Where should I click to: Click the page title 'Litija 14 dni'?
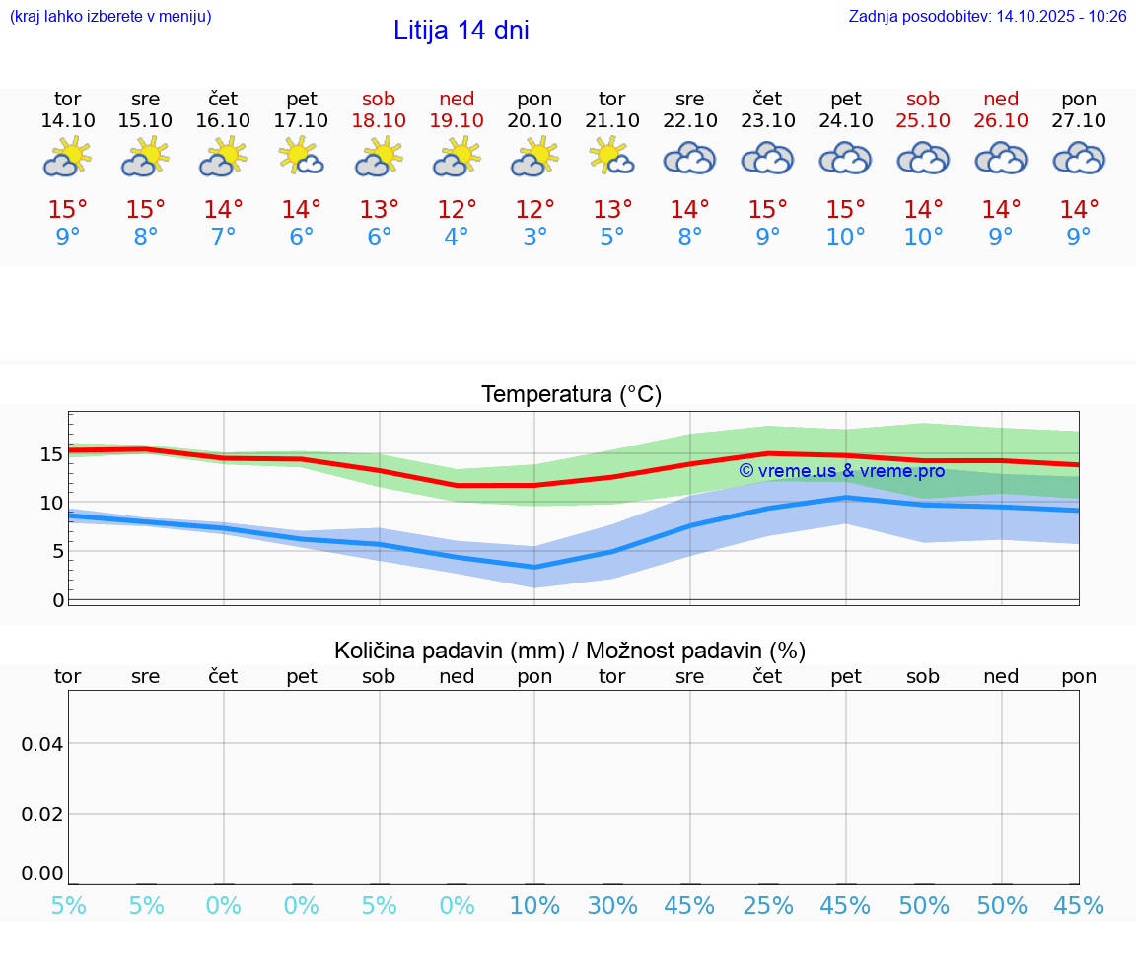[x=461, y=31]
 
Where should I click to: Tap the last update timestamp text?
[x=987, y=17]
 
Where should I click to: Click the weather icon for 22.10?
[x=689, y=158]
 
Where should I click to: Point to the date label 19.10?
[x=457, y=121]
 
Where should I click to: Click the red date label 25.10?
[x=923, y=121]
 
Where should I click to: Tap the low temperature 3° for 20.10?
[x=534, y=238]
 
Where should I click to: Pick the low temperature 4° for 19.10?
[x=457, y=238]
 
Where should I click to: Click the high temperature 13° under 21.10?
[x=612, y=209]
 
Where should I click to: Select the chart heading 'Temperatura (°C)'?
[x=572, y=395]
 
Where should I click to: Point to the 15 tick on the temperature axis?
[x=51, y=454]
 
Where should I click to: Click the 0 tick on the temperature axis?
[x=58, y=600]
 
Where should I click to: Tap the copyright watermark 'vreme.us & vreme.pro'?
[x=841, y=471]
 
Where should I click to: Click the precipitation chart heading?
[x=570, y=651]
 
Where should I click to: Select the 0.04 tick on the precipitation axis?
[x=42, y=744]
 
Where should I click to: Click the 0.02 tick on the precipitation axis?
[x=42, y=814]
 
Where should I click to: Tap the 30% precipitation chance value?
[x=612, y=906]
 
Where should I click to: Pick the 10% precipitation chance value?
[x=534, y=906]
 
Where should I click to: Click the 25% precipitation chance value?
[x=768, y=906]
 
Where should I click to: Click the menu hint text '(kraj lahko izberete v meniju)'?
[x=110, y=17]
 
